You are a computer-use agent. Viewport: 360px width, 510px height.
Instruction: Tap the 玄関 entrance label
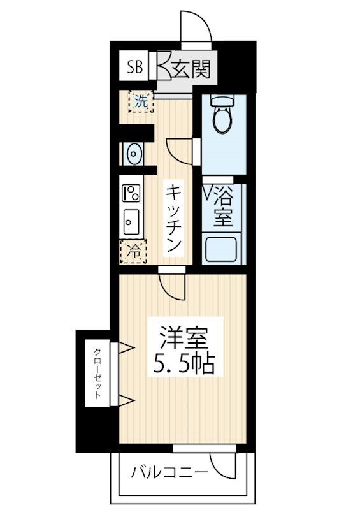pyautogui.click(x=189, y=68)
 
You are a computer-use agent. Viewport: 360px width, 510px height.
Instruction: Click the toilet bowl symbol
pyautogui.click(x=221, y=116)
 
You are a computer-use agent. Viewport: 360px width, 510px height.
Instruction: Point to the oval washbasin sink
pyautogui.click(x=134, y=154)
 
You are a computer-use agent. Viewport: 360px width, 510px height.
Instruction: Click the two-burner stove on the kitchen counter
pyautogui.click(x=132, y=193)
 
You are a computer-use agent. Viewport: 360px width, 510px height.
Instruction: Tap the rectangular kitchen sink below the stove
pyautogui.click(x=132, y=222)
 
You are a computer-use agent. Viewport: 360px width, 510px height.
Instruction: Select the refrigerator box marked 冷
pyautogui.click(x=133, y=251)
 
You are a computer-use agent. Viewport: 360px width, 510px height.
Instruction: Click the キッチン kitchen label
pyautogui.click(x=174, y=217)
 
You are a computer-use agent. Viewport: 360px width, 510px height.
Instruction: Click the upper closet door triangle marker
pyautogui.click(x=126, y=347)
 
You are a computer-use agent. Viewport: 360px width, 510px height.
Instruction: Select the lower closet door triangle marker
pyautogui.click(x=126, y=400)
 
